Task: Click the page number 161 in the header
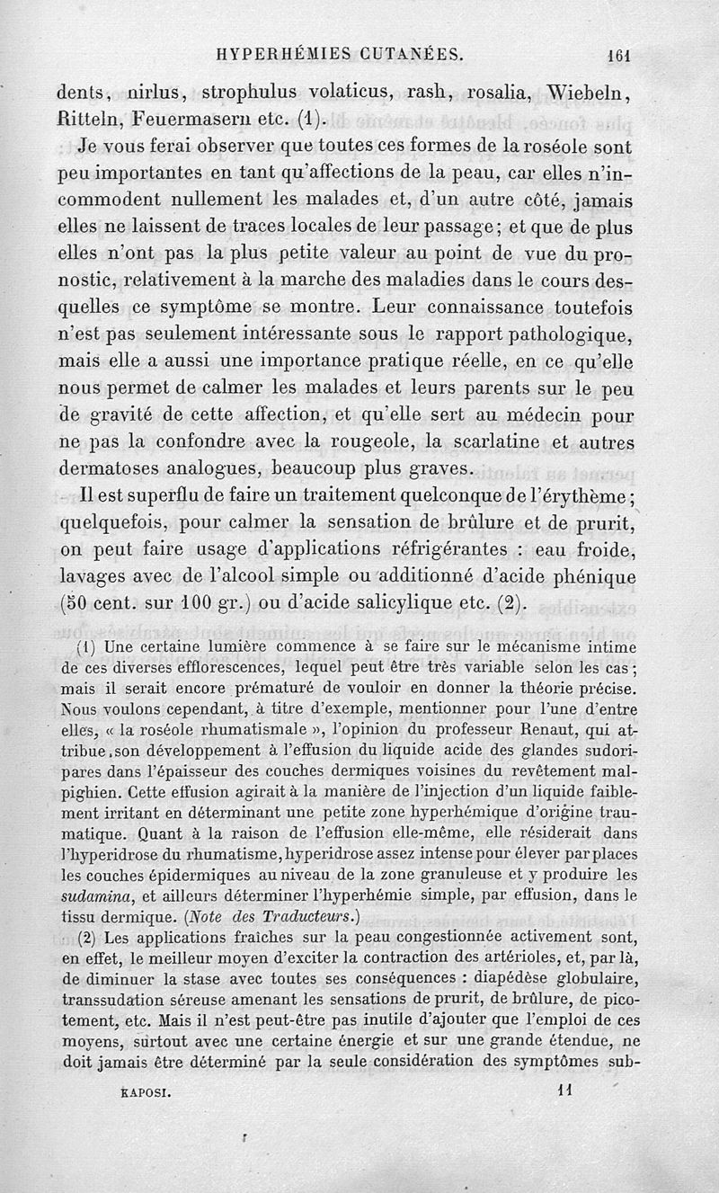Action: click(620, 54)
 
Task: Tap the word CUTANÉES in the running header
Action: click(411, 54)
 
